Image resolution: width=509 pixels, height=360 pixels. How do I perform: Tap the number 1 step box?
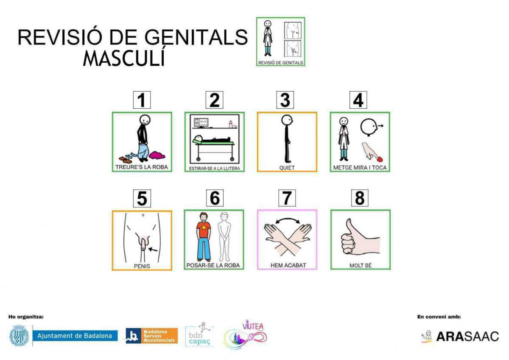click(142, 100)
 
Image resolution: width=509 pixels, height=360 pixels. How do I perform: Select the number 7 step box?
click(287, 198)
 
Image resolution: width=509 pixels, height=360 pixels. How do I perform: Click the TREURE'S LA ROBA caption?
click(142, 167)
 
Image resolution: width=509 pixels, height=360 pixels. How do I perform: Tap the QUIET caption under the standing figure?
click(287, 167)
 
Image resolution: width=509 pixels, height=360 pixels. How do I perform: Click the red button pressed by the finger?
click(380, 158)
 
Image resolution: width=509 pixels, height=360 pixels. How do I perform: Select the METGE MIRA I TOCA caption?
click(360, 167)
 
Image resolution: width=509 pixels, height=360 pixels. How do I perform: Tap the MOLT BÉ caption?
click(360, 265)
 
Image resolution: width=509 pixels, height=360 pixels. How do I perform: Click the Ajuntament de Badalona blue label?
click(75, 336)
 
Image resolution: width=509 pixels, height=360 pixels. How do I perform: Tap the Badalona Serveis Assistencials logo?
click(151, 336)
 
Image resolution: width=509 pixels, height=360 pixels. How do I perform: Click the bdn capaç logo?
click(199, 335)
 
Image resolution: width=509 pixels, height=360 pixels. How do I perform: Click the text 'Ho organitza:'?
click(26, 316)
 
